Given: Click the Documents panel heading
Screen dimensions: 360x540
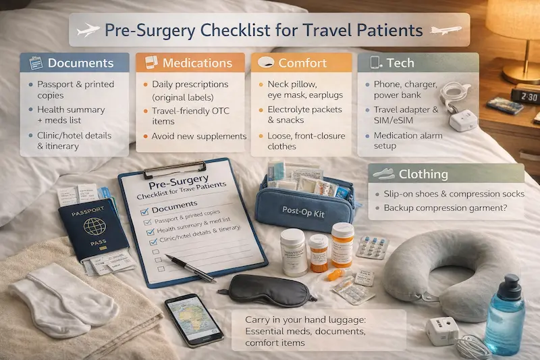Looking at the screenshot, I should coord(80,63).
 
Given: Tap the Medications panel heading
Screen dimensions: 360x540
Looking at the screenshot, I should coord(196,63).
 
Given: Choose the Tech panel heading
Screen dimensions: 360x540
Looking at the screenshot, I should coord(400,63).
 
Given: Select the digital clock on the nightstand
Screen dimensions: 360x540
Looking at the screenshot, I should coord(524,95).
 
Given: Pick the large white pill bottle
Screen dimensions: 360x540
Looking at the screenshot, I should coord(295,253).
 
